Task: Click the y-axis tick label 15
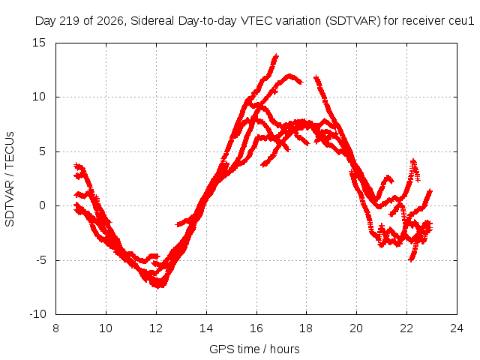click(x=39, y=43)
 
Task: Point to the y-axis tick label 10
click(x=39, y=97)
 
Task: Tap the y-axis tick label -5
click(x=40, y=260)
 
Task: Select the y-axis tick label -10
click(x=37, y=314)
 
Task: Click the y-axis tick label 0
click(x=42, y=205)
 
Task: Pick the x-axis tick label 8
click(x=55, y=328)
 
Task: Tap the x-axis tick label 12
click(x=156, y=328)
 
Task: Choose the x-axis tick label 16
click(x=256, y=328)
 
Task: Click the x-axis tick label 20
click(x=357, y=328)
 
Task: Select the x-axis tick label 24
click(x=457, y=328)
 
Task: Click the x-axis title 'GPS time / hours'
click(x=254, y=349)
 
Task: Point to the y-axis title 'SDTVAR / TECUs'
click(x=10, y=179)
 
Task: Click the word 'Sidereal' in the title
click(x=152, y=21)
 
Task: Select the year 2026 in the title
click(x=110, y=21)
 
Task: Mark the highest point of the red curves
click(x=277, y=55)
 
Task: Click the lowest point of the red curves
click(x=158, y=287)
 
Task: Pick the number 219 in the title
click(x=70, y=21)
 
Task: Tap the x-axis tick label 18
click(x=307, y=328)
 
